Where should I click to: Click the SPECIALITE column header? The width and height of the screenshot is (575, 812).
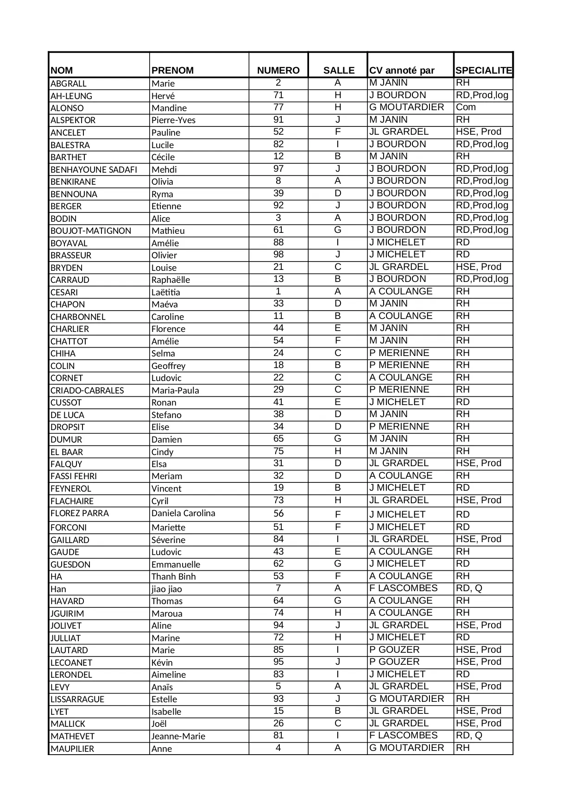[x=483, y=70]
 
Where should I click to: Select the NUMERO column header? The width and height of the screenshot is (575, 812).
[x=278, y=70]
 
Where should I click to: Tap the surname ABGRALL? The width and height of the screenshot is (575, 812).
[x=69, y=84]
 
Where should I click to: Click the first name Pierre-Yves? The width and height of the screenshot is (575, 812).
[x=173, y=120]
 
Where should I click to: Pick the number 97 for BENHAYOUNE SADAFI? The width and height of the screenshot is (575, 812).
[x=278, y=169]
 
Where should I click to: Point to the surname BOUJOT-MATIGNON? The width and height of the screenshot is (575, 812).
[x=91, y=231]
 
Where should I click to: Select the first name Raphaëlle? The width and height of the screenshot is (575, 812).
[x=171, y=280]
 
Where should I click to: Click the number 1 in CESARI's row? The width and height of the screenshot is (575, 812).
[x=278, y=292]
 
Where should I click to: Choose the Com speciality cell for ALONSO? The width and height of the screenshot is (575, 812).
[x=466, y=107]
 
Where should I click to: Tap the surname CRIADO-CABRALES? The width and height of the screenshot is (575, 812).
[x=87, y=391]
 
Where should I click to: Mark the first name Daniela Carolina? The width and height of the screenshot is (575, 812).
[x=183, y=513]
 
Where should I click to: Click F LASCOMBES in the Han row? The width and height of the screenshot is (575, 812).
[x=403, y=588]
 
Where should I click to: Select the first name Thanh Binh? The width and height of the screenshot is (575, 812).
[x=173, y=577]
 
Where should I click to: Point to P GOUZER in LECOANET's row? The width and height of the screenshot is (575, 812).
[x=394, y=662]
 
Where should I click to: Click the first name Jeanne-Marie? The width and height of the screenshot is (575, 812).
[x=178, y=737]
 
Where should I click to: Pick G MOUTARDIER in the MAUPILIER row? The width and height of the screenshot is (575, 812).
[x=406, y=748]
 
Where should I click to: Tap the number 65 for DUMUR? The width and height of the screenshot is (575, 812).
[x=278, y=439]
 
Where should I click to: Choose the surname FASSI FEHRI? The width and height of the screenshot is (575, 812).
[x=74, y=476]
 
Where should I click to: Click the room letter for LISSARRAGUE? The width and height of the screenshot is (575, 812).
[x=338, y=699]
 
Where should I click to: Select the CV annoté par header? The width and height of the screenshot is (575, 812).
[x=402, y=70]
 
